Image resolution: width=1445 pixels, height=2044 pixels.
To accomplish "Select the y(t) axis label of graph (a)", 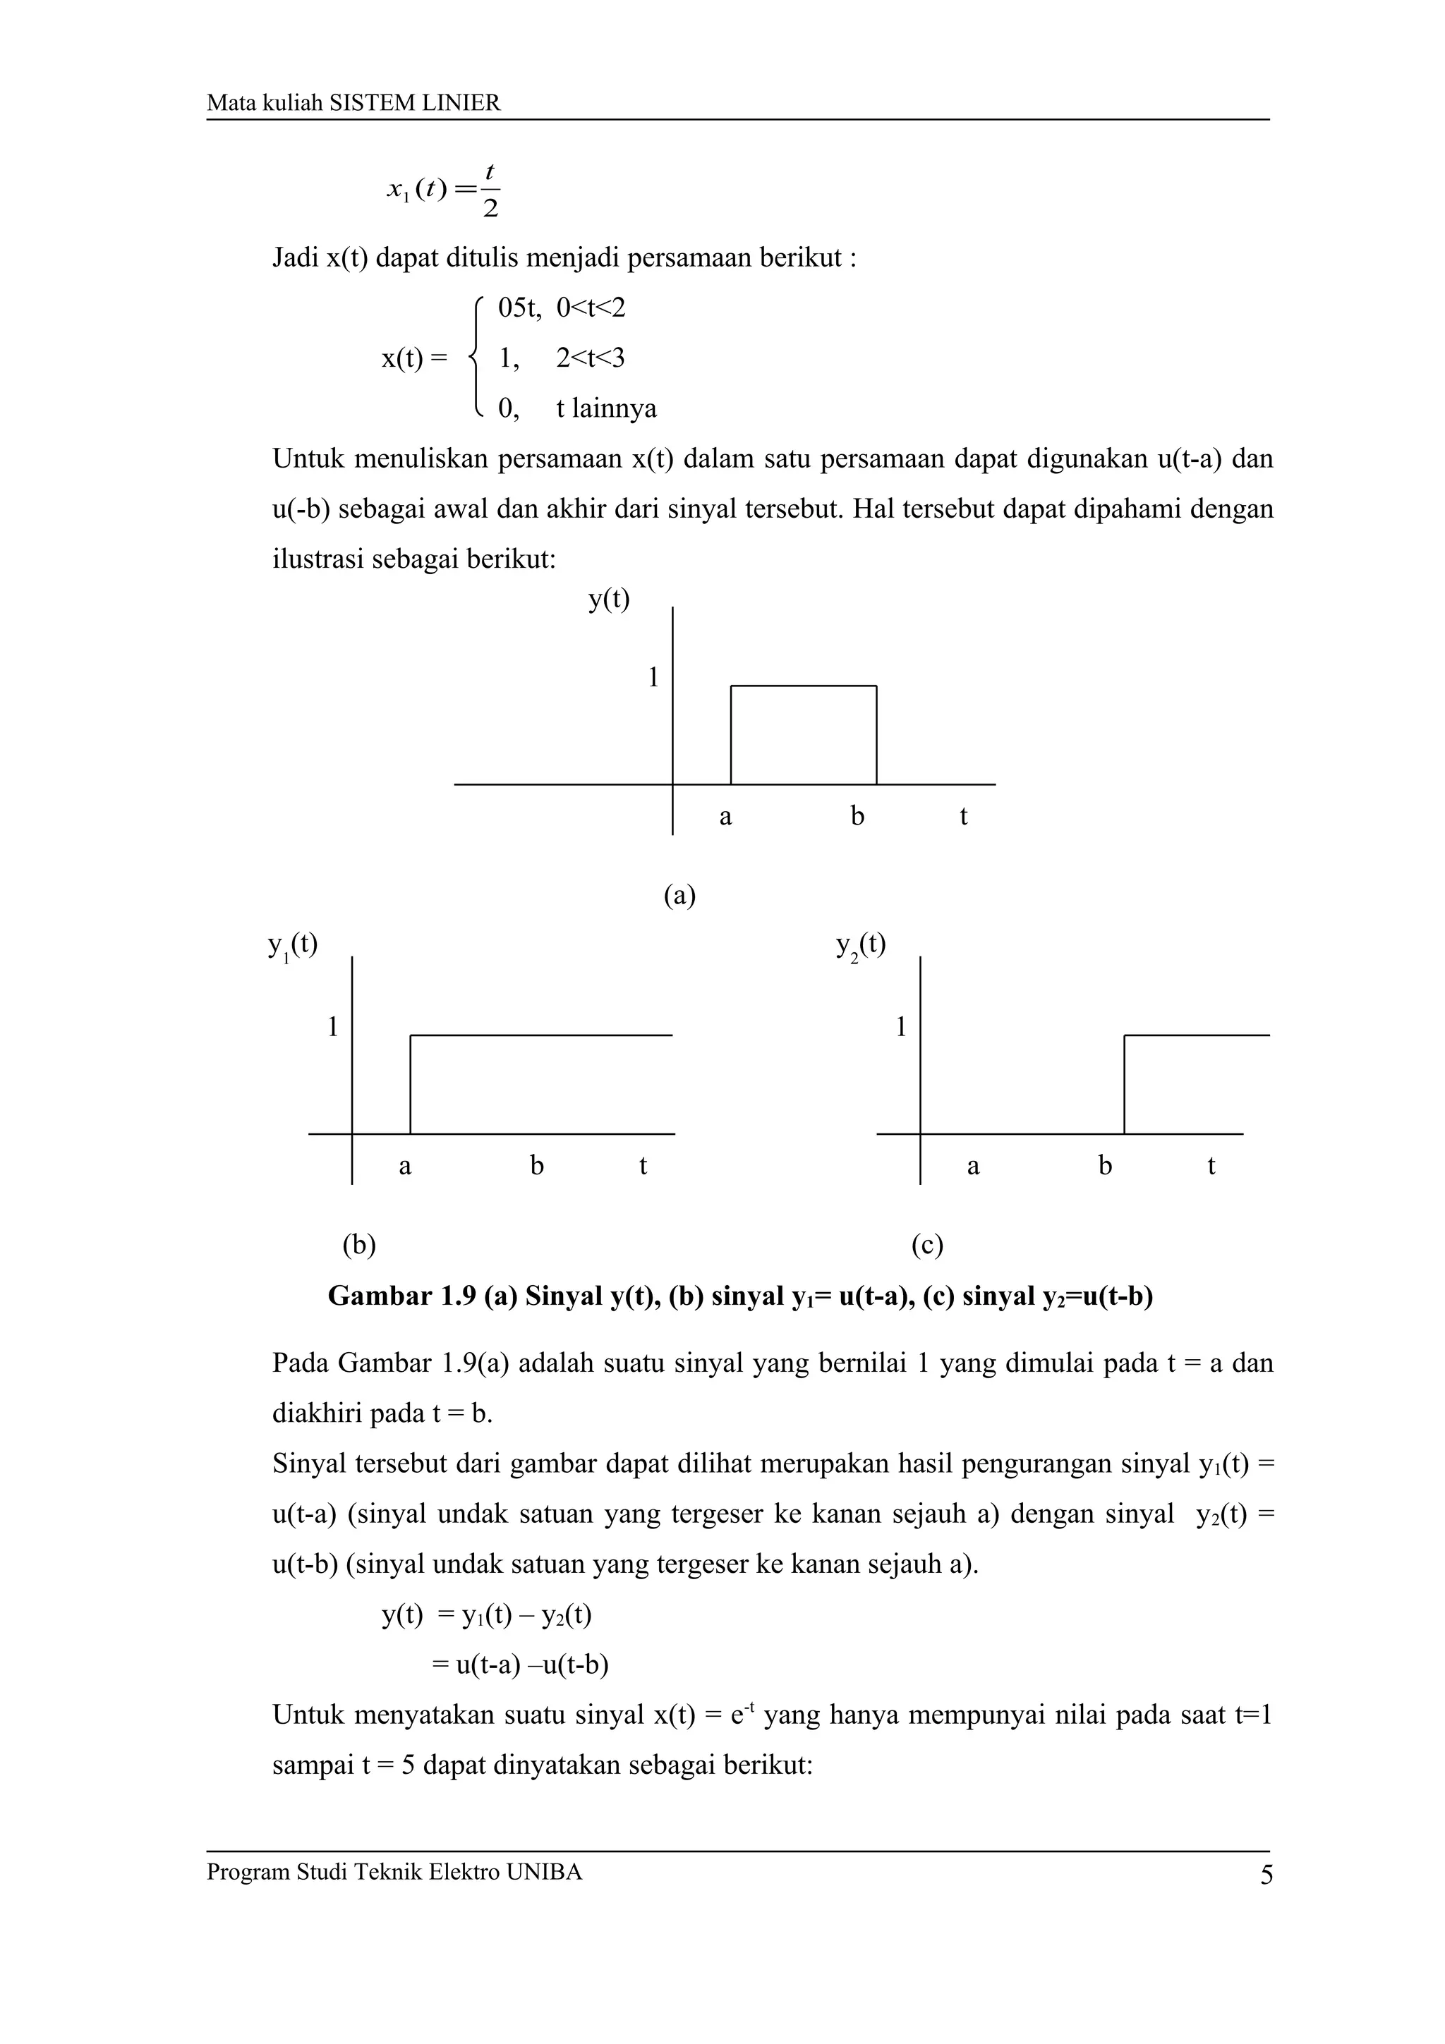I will pos(609,599).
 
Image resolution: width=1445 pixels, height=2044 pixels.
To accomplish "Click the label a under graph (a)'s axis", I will pos(725,816).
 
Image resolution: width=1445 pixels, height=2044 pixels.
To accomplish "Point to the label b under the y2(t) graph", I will pos(1105,1165).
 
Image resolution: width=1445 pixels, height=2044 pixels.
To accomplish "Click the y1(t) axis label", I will pos(292,944).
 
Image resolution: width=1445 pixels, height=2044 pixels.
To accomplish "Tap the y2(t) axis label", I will pos(860,944).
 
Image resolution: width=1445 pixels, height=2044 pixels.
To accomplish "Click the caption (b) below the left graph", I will pos(359,1245).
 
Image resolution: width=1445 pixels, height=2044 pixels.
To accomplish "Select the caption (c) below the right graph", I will pos(927,1245).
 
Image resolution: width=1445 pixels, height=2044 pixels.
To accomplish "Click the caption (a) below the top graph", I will pos(679,896).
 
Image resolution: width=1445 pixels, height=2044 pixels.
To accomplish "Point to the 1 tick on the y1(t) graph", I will pos(333,1028).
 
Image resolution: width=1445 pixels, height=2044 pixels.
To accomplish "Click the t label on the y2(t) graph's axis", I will pos(1211,1165).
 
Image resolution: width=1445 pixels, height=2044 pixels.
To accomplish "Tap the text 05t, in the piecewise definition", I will pos(520,308).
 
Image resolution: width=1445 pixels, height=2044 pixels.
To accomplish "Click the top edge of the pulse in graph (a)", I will pos(803,686).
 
